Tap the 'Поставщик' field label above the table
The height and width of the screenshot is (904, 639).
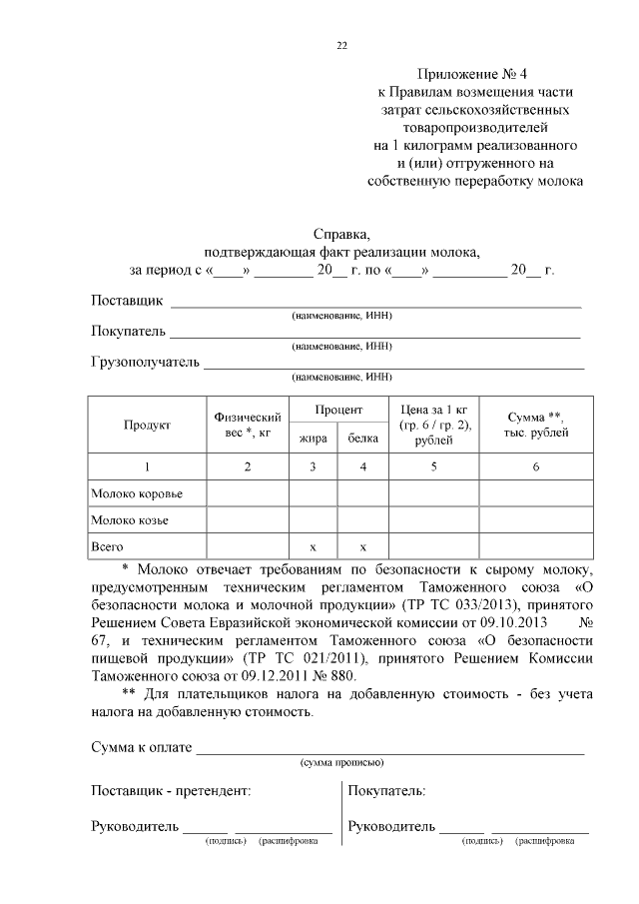126,301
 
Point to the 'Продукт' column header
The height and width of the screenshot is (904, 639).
147,425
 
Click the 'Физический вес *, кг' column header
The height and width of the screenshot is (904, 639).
248,425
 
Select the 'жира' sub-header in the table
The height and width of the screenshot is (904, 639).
313,439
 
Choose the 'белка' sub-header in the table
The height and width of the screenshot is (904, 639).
362,439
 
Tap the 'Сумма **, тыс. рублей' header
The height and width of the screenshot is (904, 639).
536,425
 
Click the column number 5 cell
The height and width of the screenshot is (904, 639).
433,466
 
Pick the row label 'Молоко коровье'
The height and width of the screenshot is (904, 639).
136,493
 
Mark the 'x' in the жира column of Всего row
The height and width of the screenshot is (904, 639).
313,547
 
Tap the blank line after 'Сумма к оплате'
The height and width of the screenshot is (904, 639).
389,749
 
